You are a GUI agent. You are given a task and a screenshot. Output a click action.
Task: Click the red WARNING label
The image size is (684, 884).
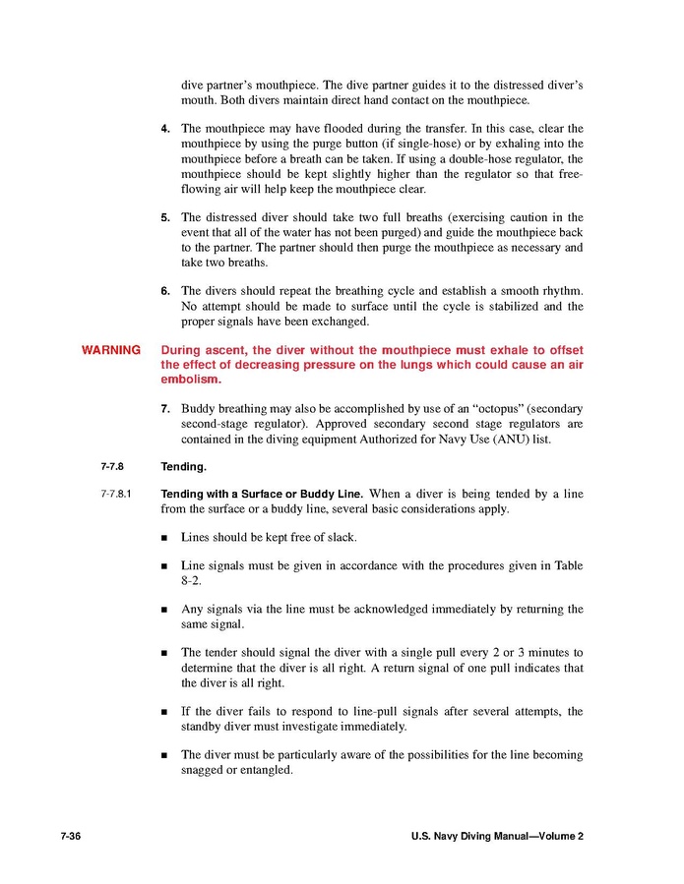coord(110,350)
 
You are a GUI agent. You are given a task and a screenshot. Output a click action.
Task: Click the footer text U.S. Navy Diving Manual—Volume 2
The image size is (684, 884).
coord(497,836)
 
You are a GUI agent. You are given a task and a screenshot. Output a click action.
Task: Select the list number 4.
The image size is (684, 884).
coord(165,128)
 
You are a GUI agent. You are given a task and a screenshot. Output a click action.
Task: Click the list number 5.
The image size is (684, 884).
coord(165,217)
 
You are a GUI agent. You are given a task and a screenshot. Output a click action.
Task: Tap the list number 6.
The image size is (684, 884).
coord(165,291)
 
